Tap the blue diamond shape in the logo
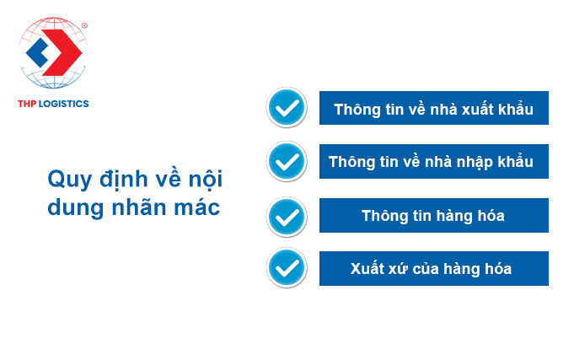click(x=36, y=53)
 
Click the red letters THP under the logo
click(x=27, y=104)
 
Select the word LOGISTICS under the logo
click(x=64, y=104)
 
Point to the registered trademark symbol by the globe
click(x=84, y=25)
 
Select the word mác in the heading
click(x=197, y=207)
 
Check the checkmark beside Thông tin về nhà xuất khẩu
click(x=287, y=108)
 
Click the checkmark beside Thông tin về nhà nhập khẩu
click(x=287, y=162)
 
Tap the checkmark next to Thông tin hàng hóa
click(x=287, y=217)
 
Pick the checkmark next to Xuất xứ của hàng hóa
click(x=287, y=268)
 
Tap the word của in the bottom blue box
click(x=426, y=269)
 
